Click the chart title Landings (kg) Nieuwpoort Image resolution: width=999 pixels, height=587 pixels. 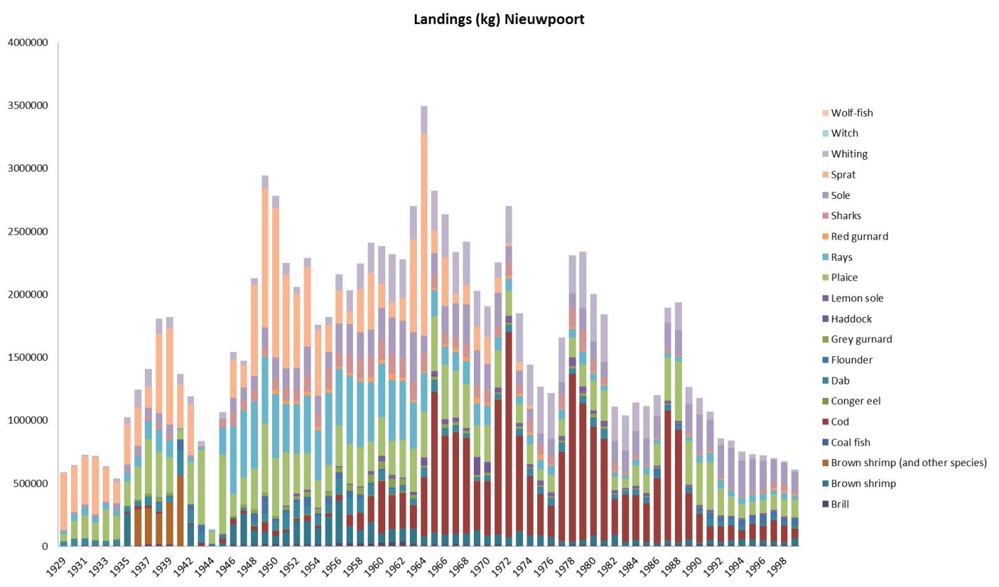tap(498, 19)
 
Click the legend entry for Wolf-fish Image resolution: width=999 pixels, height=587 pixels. tap(851, 112)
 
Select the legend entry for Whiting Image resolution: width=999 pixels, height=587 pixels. tap(849, 154)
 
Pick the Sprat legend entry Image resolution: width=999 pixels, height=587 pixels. tap(843, 174)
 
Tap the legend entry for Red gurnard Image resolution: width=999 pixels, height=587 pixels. tap(859, 236)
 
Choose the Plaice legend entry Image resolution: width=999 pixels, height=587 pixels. tap(844, 278)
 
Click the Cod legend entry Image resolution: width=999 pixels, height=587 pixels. tap(840, 422)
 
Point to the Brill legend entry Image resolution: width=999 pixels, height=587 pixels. tap(840, 504)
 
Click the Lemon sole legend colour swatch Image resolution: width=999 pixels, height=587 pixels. tap(825, 298)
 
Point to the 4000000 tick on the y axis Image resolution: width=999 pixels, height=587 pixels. tap(28, 43)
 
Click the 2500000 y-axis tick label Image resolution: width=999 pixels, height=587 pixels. tap(28, 232)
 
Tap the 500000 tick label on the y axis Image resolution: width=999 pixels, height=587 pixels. tap(30, 484)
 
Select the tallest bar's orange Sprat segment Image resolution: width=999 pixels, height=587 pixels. tap(424, 197)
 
